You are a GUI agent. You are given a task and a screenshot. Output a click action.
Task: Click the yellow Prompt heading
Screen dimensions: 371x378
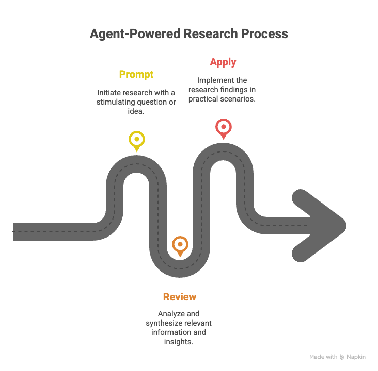[x=136, y=74]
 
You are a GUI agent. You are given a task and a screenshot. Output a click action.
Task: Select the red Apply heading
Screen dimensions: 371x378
[x=223, y=62]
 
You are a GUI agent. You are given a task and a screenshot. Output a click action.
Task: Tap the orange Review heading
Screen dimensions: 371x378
[x=180, y=297]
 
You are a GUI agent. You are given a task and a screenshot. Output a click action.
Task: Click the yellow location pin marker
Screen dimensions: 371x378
[x=136, y=140]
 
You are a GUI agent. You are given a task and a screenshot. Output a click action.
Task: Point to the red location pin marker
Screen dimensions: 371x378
[x=223, y=127]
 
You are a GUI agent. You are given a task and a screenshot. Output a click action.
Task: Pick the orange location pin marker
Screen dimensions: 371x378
[x=180, y=245]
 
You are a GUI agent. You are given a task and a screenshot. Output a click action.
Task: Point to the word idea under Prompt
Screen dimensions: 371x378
[x=136, y=111]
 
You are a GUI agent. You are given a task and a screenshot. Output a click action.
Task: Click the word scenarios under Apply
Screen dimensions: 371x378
[x=239, y=99]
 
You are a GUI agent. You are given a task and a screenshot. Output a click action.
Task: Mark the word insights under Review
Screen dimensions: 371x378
[x=180, y=341]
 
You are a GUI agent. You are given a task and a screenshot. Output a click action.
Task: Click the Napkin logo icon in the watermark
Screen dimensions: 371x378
[x=342, y=357]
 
